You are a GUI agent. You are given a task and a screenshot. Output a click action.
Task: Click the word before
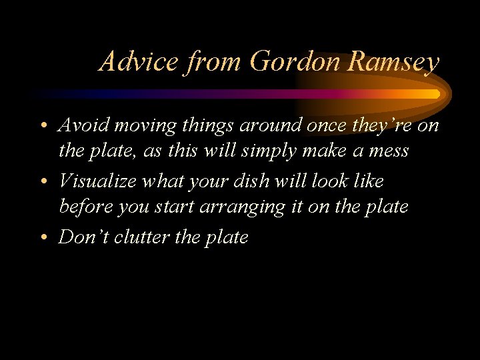click(85, 207)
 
